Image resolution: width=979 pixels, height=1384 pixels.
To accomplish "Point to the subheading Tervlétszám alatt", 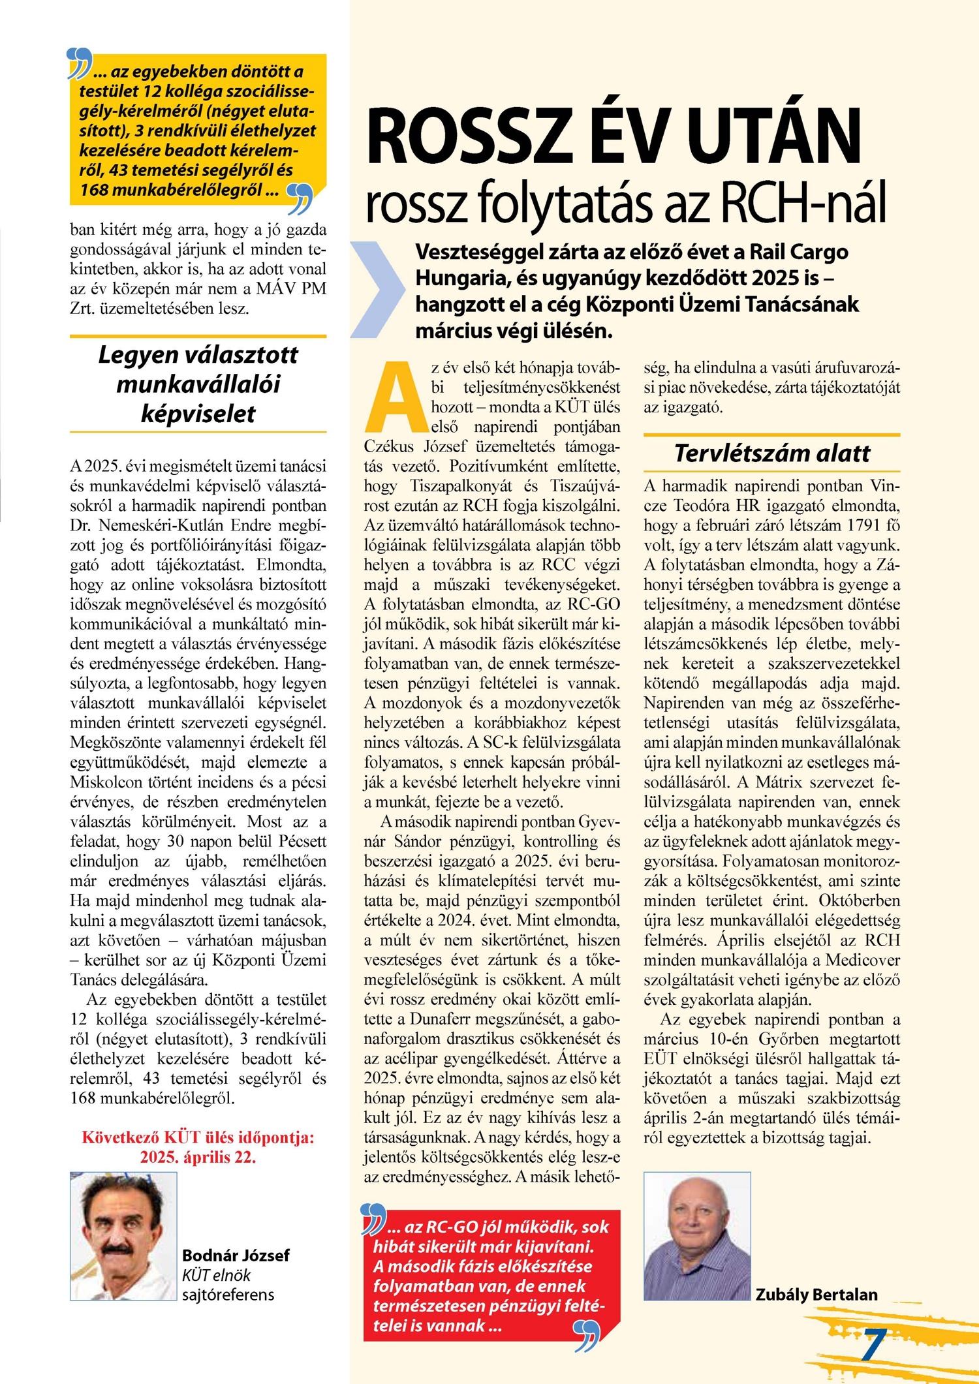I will (x=771, y=453).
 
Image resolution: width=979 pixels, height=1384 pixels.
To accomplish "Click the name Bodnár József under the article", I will (x=235, y=1255).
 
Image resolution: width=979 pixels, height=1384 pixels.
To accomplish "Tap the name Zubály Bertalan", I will (x=816, y=1295).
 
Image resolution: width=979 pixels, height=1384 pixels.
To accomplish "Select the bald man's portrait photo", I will (x=696, y=1236).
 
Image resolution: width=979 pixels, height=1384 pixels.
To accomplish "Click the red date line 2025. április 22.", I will (x=198, y=1158).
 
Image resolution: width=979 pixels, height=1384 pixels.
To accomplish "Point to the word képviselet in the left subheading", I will (x=198, y=414).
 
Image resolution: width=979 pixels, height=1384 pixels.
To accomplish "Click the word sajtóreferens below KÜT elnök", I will (x=228, y=1295).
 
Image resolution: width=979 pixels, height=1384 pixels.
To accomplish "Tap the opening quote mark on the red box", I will (x=373, y=1219).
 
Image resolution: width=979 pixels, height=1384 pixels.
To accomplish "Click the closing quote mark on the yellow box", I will (x=300, y=198).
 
